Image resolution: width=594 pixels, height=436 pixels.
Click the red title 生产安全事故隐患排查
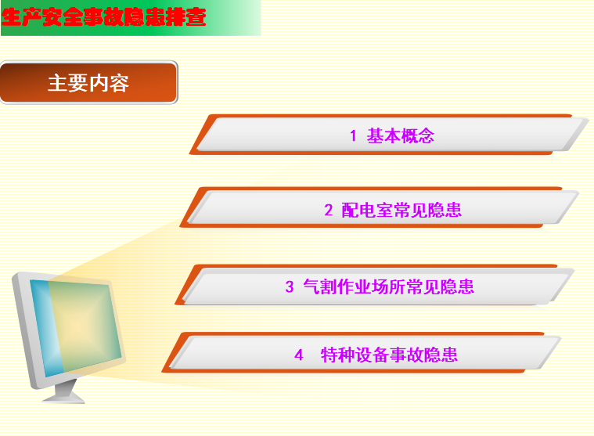coord(103,17)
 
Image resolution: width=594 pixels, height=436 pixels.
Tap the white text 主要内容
coord(88,83)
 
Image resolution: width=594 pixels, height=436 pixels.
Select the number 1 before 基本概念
coord(353,135)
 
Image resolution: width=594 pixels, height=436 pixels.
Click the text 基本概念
coord(400,135)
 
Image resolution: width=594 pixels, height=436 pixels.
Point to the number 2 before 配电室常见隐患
coord(329,210)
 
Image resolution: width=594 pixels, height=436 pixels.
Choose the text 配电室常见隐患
coord(401,210)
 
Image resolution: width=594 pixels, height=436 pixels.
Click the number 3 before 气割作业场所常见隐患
coord(290,286)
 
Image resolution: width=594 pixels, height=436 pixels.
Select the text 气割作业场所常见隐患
coord(388,286)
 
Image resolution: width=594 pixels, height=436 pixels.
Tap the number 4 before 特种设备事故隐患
coord(298,355)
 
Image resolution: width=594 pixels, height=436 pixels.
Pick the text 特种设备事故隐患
coord(389,355)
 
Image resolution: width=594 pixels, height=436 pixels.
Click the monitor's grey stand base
coord(63,397)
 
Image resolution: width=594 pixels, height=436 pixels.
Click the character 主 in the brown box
coord(58,83)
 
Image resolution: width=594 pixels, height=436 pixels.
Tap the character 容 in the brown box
coord(119,83)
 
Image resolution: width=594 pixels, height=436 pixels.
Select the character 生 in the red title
coord(12,17)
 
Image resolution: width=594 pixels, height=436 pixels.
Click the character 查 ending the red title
coord(196,17)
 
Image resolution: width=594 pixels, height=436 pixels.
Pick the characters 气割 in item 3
coord(320,286)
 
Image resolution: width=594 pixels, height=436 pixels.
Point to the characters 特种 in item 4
coord(337,355)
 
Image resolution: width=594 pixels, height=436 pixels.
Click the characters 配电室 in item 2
coord(367,210)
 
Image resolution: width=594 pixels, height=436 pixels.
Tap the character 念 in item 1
coord(426,135)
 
